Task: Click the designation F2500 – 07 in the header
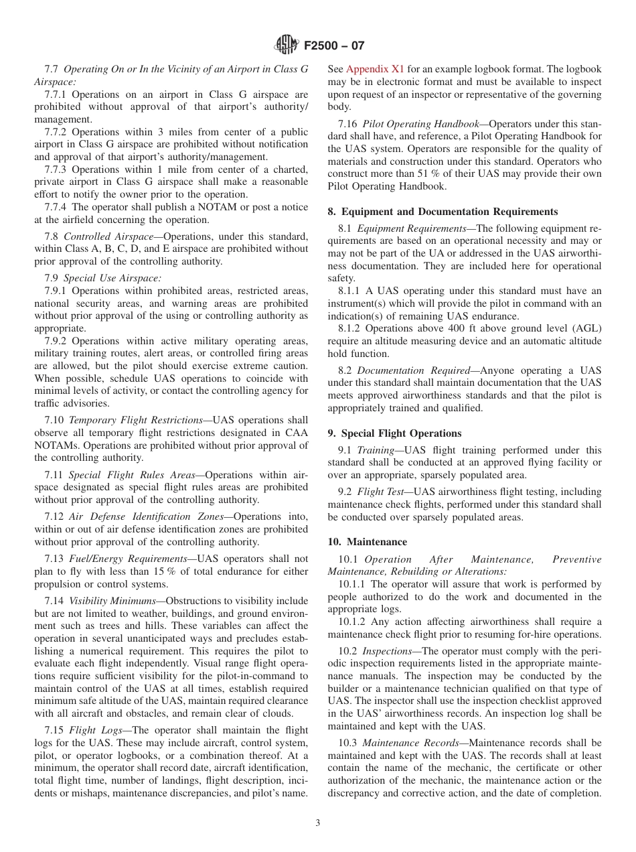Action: pos(334,46)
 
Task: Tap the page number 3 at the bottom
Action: pos(318,823)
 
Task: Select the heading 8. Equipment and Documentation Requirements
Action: pos(443,212)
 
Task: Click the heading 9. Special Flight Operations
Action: pos(394,433)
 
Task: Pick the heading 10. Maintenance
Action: pos(367,542)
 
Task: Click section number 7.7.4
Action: pos(56,207)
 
